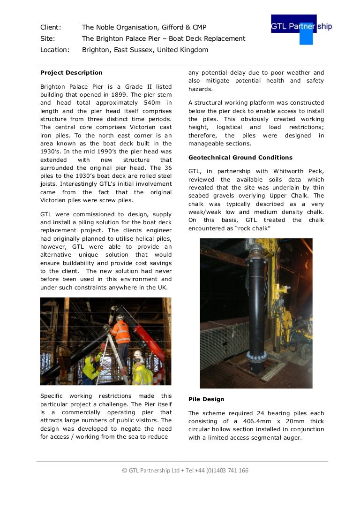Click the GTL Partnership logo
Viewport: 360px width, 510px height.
(x=301, y=28)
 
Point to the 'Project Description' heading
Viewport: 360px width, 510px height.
(x=71, y=73)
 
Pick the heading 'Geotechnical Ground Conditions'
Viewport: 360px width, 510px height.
(x=240, y=158)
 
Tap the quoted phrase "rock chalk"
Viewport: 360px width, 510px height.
(x=253, y=228)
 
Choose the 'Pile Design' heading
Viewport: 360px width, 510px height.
(x=206, y=399)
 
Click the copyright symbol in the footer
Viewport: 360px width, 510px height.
(x=125, y=471)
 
